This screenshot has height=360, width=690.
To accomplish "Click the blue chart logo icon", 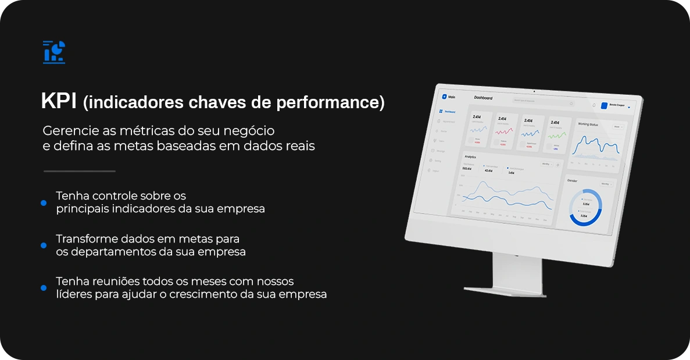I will click(54, 52).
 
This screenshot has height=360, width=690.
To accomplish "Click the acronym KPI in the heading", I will click(59, 101).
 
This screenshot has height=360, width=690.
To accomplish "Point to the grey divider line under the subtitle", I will click(80, 171).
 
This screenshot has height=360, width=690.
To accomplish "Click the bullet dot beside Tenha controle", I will click(44, 202).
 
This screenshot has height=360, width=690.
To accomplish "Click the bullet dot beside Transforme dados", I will click(44, 245).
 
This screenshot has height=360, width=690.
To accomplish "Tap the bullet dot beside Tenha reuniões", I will click(44, 288).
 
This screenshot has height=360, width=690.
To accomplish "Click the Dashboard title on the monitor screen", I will click(483, 98).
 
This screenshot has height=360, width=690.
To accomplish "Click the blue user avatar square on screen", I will click(604, 106).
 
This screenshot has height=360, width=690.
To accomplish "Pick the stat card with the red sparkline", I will click(506, 131).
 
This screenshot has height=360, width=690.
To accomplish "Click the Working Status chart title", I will click(588, 124).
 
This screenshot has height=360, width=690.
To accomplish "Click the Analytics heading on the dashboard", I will click(470, 157).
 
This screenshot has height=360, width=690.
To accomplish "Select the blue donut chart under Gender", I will click(585, 208).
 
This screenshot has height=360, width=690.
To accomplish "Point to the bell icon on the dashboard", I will click(594, 105).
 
